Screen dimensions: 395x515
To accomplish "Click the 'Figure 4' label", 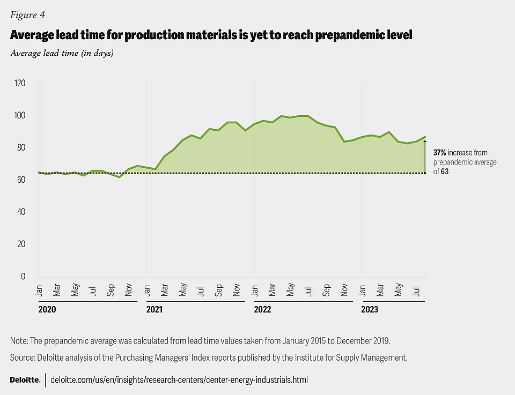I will [x=26, y=15].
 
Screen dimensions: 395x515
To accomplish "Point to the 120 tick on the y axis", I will [x=20, y=83].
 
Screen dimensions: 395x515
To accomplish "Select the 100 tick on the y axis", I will [x=20, y=115].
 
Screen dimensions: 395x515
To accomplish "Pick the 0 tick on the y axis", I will [x=23, y=276].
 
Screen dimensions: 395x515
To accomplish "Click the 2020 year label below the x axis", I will [x=47, y=310].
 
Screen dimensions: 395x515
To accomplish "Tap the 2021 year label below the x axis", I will [x=154, y=310].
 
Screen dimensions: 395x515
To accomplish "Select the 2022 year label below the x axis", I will [x=262, y=310].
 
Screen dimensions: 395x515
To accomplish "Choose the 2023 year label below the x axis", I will [x=370, y=310].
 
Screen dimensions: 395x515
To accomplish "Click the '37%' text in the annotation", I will [x=440, y=153].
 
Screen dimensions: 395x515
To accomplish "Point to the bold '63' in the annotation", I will [x=445, y=171].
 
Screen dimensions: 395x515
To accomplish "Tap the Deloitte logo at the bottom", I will [x=25, y=379].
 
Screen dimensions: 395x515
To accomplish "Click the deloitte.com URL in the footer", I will [x=179, y=379].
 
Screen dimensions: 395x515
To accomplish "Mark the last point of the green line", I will [x=425, y=137].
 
